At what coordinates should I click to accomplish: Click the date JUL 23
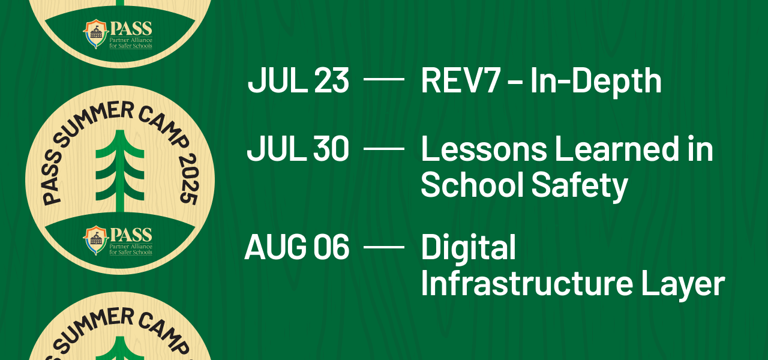pyautogui.click(x=298, y=80)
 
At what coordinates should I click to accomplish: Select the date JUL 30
pyautogui.click(x=298, y=149)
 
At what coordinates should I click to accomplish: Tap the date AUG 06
pyautogui.click(x=297, y=247)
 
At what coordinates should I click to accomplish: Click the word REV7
pyautogui.click(x=460, y=80)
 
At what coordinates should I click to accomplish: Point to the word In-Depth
pyautogui.click(x=596, y=82)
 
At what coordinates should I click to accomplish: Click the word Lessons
pyautogui.click(x=484, y=149)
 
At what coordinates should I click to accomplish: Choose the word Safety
pyautogui.click(x=580, y=187)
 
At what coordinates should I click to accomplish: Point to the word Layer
pyautogui.click(x=683, y=285)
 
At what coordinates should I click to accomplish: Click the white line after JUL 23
pyautogui.click(x=383, y=79)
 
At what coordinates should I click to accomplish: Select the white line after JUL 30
pyautogui.click(x=383, y=149)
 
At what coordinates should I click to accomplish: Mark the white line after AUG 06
pyautogui.click(x=383, y=247)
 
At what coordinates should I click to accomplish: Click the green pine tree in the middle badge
pyautogui.click(x=119, y=172)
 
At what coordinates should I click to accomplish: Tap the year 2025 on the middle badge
pyautogui.click(x=189, y=179)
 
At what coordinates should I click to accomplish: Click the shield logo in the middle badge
pyautogui.click(x=95, y=240)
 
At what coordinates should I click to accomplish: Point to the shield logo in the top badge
pyautogui.click(x=95, y=34)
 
